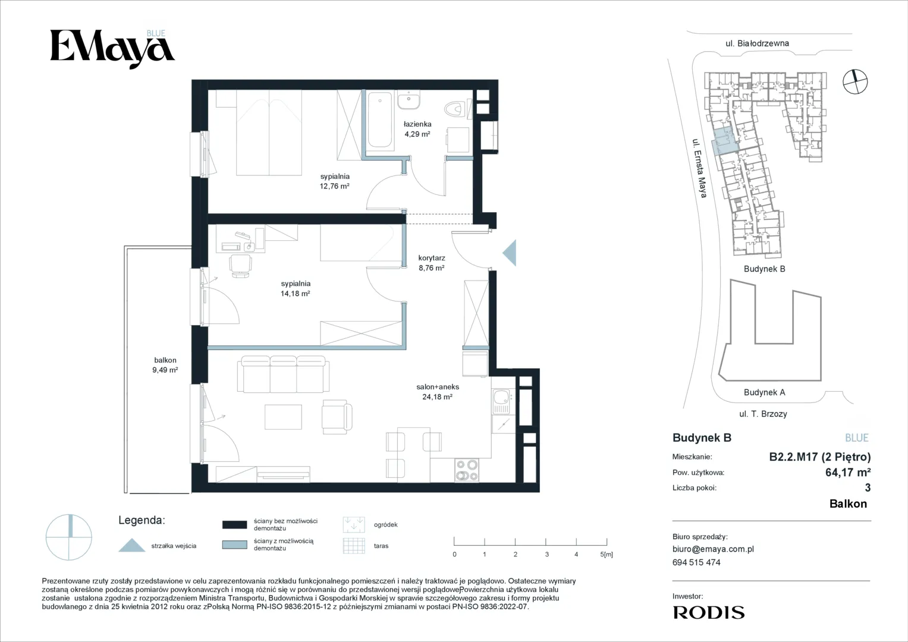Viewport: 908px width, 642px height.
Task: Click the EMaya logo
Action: pos(112,49)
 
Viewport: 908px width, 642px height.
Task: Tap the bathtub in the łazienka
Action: pos(380,119)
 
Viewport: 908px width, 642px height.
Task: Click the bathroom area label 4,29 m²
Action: pos(417,134)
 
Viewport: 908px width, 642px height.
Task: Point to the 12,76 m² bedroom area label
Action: pos(334,187)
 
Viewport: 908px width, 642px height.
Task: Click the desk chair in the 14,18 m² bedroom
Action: pos(240,266)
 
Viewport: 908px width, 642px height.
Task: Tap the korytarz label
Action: pos(432,258)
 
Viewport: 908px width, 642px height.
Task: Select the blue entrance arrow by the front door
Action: pos(510,253)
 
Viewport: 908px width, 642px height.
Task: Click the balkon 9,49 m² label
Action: pos(165,365)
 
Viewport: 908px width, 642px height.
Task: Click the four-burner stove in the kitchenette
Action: pos(467,470)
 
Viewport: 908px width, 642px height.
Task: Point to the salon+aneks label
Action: pos(438,387)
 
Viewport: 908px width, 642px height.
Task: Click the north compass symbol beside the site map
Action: pos(855,81)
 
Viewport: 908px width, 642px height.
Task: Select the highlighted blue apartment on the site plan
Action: pos(724,141)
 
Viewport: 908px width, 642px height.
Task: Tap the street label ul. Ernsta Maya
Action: pos(700,168)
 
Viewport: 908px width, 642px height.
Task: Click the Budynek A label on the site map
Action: pos(765,392)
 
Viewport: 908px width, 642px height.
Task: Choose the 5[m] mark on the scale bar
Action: pos(607,554)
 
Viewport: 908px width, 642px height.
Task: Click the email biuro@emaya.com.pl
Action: pos(713,549)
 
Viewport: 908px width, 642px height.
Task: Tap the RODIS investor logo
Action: pos(709,612)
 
